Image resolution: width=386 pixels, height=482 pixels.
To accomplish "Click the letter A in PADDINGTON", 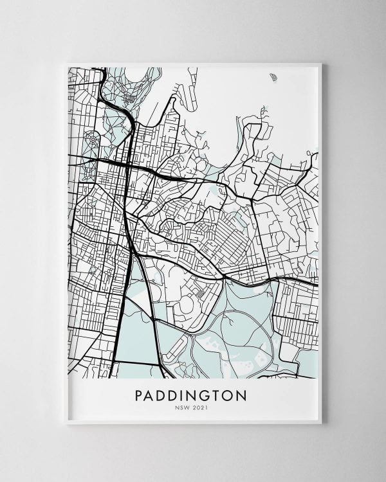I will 151,395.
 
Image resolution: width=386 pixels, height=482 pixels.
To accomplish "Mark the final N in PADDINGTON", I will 241,395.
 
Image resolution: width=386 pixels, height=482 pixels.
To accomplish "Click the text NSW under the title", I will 182,407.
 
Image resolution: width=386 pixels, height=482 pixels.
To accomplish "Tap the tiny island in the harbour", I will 275,78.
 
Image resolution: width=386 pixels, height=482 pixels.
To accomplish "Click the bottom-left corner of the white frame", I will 67,423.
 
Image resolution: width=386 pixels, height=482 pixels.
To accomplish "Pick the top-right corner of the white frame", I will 320,63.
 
